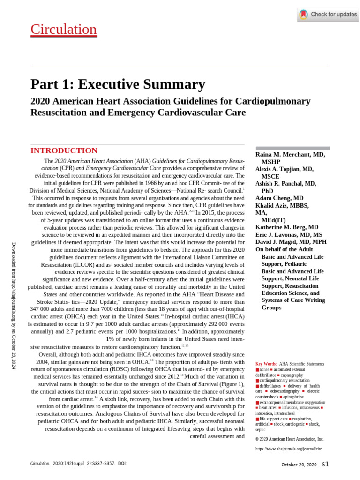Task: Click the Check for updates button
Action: tap(328, 15)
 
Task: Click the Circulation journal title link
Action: tap(63, 30)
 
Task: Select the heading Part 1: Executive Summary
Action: tap(118, 84)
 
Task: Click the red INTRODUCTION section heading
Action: tap(64, 150)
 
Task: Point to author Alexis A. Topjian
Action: tap(284, 169)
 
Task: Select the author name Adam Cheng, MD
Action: tap(279, 198)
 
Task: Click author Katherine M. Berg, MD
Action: tap(286, 227)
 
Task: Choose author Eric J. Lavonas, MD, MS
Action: tap(288, 235)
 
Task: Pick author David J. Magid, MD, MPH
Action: tap(291, 242)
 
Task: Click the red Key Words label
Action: tap(265, 364)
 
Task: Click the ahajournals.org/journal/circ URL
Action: tap(288, 449)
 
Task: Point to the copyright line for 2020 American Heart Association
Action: tap(289, 439)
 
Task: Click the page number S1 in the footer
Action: tap(325, 464)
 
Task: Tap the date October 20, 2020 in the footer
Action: tap(299, 465)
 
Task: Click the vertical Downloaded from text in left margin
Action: tap(14, 306)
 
